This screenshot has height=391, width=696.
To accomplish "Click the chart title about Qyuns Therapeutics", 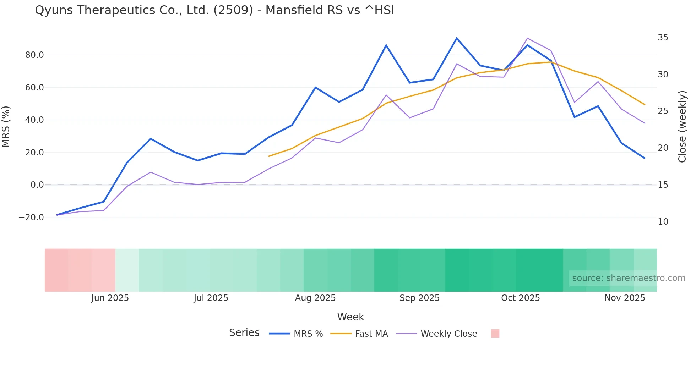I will tap(214, 10).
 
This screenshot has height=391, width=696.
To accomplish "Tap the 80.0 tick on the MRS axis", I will tap(34, 55).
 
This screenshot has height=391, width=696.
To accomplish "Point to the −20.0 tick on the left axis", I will tap(31, 217).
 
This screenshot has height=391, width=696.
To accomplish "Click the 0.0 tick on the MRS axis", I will tap(37, 185).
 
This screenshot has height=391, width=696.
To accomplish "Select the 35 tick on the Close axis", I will tap(663, 38).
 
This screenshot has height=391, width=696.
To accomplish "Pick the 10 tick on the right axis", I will tap(663, 222).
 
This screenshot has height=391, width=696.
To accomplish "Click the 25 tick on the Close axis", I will tap(663, 111).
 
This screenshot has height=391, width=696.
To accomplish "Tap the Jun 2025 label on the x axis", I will tap(110, 298).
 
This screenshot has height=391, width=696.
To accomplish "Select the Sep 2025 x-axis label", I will tap(419, 298).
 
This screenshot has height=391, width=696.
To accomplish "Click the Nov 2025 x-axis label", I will tap(625, 298).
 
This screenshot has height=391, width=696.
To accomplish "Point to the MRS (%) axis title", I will tap(6, 126).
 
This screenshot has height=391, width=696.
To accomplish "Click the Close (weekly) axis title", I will tap(682, 127).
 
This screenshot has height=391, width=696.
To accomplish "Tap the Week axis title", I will tap(350, 317).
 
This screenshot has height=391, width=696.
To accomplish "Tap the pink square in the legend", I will tap(495, 334).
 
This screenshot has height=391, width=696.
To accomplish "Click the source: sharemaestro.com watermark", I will tap(629, 278).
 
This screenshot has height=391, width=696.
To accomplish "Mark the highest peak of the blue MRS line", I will tap(457, 38).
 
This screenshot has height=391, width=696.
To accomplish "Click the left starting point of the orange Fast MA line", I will tap(269, 156).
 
